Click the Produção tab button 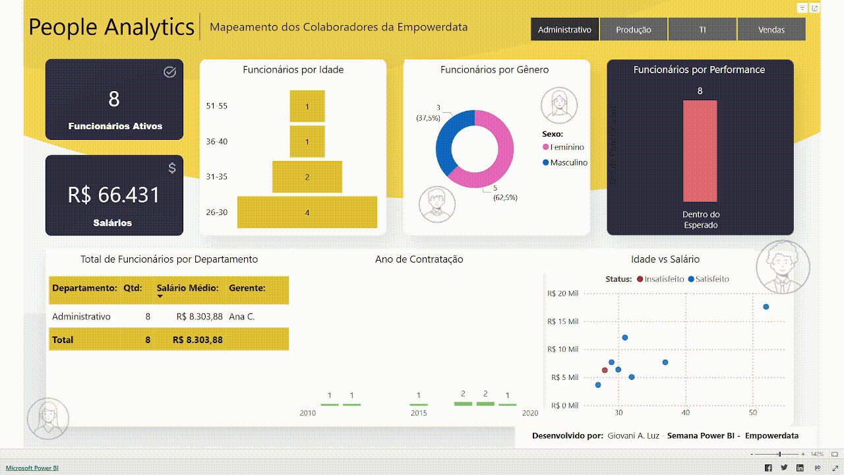633,30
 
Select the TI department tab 702,30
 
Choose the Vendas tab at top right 771,30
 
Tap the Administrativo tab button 564,30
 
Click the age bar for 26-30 307,212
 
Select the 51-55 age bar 307,106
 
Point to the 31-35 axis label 216,177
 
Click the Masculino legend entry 568,162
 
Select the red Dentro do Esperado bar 700,151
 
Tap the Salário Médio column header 187,288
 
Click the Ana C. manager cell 241,317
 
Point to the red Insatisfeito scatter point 605,370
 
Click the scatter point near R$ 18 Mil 766,307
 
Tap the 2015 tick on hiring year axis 419,413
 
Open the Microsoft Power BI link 32,468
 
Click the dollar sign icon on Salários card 172,168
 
